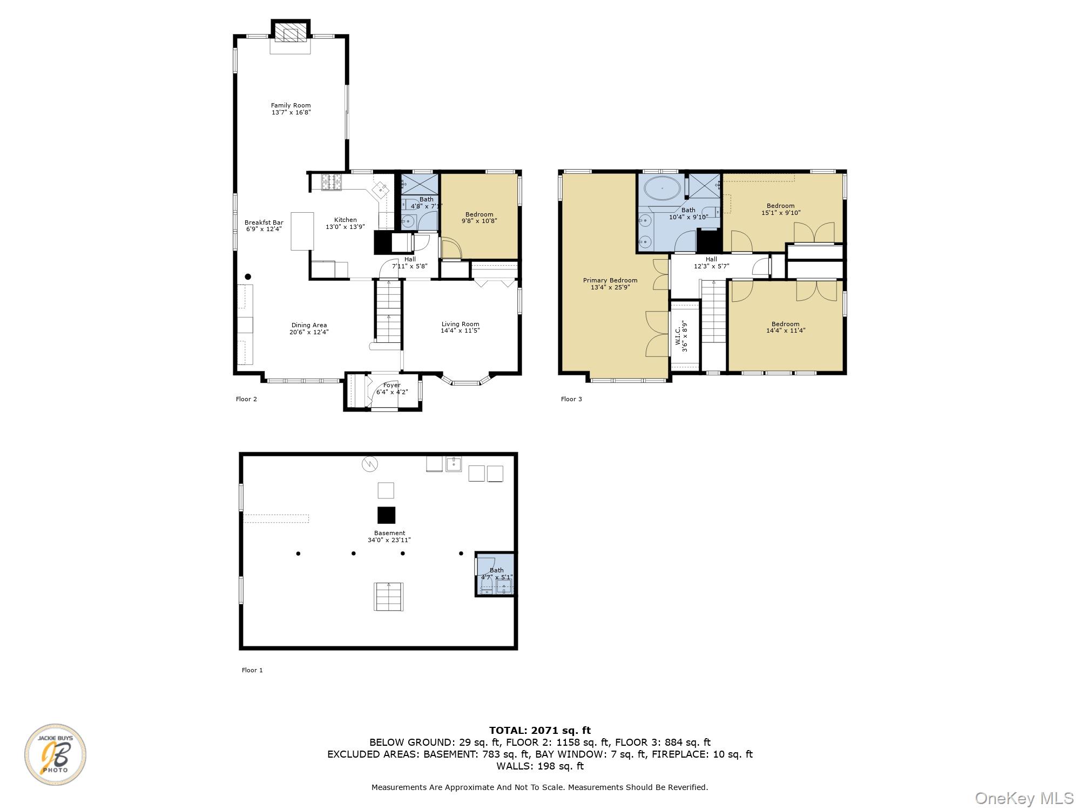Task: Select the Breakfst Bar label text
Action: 264,222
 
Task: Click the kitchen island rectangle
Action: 302,231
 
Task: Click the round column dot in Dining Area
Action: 248,276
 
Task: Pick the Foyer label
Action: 391,385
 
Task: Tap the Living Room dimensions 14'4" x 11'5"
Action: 460,330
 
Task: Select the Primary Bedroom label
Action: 610,280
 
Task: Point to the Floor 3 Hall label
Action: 711,259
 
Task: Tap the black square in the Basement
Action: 386,515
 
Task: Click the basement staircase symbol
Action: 389,597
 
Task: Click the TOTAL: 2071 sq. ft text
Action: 539,731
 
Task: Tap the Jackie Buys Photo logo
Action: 55,754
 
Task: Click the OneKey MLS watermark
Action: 1024,798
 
